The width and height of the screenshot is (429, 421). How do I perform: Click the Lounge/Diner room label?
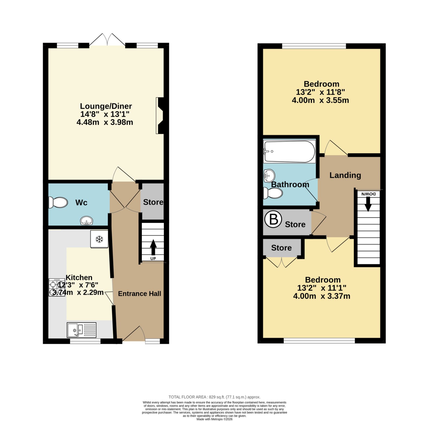point(106,106)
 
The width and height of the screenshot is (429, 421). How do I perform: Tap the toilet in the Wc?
point(58,202)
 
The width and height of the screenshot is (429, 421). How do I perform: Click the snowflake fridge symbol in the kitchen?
point(99,239)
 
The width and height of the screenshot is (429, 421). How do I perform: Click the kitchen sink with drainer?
point(82,330)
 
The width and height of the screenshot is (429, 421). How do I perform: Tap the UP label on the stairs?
point(153,259)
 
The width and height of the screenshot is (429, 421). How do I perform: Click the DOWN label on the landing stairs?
point(368,194)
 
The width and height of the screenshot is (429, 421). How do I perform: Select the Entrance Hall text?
point(139,294)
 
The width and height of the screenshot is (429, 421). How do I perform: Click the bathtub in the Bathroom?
point(289,151)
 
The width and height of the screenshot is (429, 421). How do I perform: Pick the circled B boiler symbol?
point(273,219)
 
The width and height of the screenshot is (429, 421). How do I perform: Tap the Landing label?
point(345,175)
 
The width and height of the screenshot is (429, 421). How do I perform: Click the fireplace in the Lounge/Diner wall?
point(160,115)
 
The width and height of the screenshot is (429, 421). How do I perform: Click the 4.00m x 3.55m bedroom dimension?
point(320,100)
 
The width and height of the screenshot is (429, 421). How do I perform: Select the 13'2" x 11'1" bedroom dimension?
point(322,288)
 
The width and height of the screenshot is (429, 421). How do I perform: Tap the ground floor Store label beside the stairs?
point(153,202)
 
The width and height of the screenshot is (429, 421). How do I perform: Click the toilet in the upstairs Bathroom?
point(273,193)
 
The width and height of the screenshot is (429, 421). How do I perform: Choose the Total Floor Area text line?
point(214,397)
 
